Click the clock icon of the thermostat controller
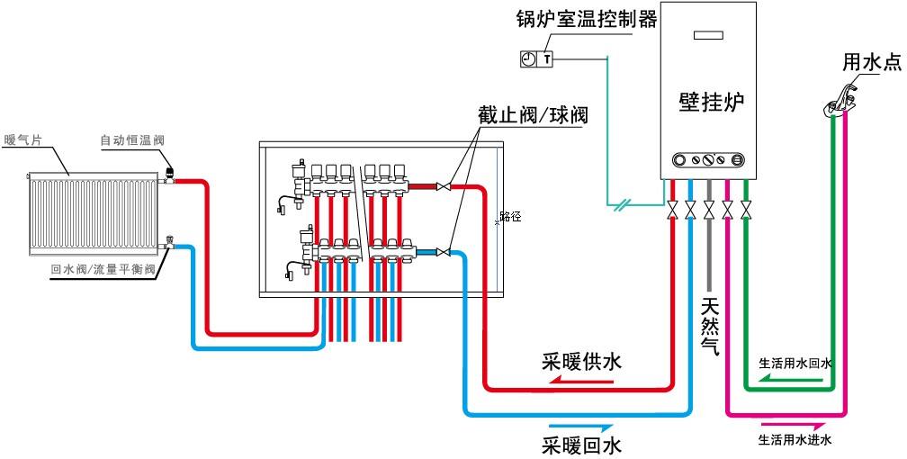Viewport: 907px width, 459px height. pyautogui.click(x=529, y=59)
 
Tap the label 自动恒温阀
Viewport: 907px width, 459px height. pyautogui.click(x=132, y=139)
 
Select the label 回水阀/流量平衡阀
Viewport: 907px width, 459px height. pyautogui.click(x=103, y=269)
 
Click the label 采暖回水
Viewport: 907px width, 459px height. pyautogui.click(x=581, y=444)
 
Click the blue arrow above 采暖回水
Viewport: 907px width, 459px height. pyautogui.click(x=580, y=425)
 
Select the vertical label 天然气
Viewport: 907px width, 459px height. pyautogui.click(x=709, y=328)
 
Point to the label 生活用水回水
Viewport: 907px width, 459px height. pyautogui.click(x=795, y=364)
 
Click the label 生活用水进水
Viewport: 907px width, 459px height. pyautogui.click(x=795, y=440)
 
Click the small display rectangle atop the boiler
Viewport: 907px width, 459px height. pyautogui.click(x=709, y=37)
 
